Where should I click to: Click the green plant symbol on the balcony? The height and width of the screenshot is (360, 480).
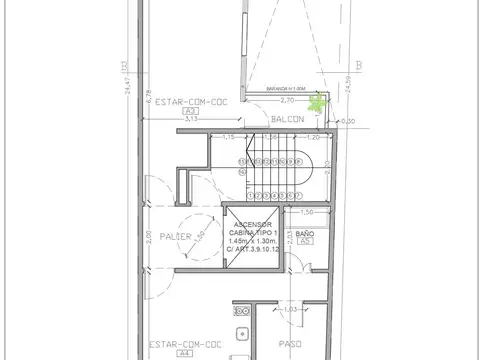point(318,103)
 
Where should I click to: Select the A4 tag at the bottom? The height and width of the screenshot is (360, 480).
point(184,353)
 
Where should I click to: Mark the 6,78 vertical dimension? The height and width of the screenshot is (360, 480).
point(148,98)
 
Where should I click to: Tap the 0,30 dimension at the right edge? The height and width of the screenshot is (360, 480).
point(348,122)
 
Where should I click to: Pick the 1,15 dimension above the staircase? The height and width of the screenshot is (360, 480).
point(228,137)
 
